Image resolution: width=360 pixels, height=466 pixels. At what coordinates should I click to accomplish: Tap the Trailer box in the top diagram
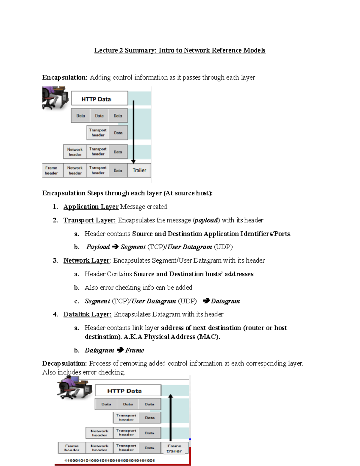tap(139, 170)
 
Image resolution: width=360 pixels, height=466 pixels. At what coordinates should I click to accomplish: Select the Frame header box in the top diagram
tap(52, 170)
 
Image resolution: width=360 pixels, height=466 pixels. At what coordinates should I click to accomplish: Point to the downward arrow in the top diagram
tap(133, 132)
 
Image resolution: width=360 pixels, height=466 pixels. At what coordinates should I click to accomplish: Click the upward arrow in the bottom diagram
tap(170, 417)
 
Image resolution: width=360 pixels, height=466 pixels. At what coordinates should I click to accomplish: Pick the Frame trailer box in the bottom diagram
tap(174, 448)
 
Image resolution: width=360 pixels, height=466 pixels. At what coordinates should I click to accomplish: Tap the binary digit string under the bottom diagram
tap(109, 460)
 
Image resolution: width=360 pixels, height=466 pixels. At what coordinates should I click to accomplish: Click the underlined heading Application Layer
tap(91, 207)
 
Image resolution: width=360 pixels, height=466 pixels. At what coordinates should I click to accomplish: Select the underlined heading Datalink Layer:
tap(87, 314)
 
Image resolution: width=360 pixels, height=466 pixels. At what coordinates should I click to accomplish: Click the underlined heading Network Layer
tap(86, 260)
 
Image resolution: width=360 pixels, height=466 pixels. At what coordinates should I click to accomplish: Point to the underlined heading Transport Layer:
tap(89, 220)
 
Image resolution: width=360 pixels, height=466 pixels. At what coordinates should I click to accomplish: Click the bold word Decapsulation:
tap(64, 363)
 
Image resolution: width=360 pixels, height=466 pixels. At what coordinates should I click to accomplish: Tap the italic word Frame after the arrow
tap(135, 350)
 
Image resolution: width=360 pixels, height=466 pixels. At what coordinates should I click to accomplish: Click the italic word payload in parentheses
tap(206, 220)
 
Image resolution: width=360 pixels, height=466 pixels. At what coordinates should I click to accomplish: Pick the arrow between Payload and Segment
tap(115, 247)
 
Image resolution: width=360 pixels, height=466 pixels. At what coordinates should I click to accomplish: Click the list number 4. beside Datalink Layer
tap(55, 314)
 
